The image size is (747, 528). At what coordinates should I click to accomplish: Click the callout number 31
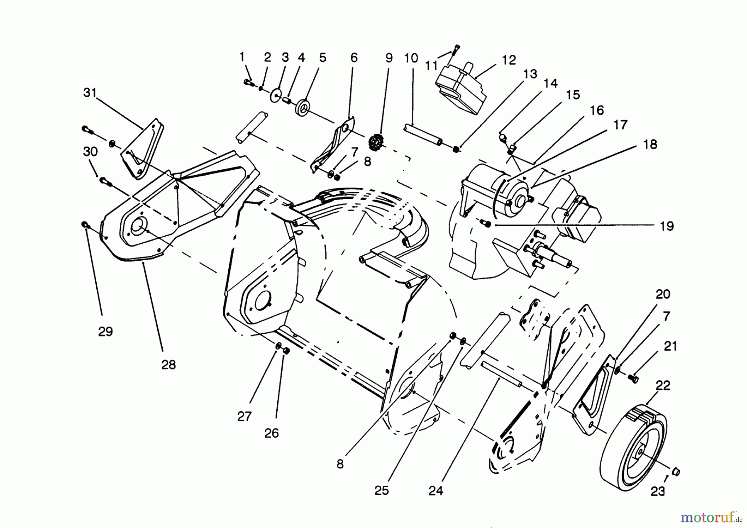(x=90, y=93)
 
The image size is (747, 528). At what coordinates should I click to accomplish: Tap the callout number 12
(x=509, y=60)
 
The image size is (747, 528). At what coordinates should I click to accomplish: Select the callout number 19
(x=667, y=226)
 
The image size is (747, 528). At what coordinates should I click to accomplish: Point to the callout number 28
(x=168, y=365)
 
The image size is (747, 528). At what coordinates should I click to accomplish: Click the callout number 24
(x=436, y=491)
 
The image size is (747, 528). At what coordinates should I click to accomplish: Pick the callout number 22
(x=663, y=385)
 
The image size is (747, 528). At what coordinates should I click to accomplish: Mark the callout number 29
(x=105, y=331)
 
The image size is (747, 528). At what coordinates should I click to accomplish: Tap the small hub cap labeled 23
(x=675, y=472)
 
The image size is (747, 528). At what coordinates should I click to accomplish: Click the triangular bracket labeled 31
(x=143, y=149)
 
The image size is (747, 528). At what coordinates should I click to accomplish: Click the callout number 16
(x=596, y=110)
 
